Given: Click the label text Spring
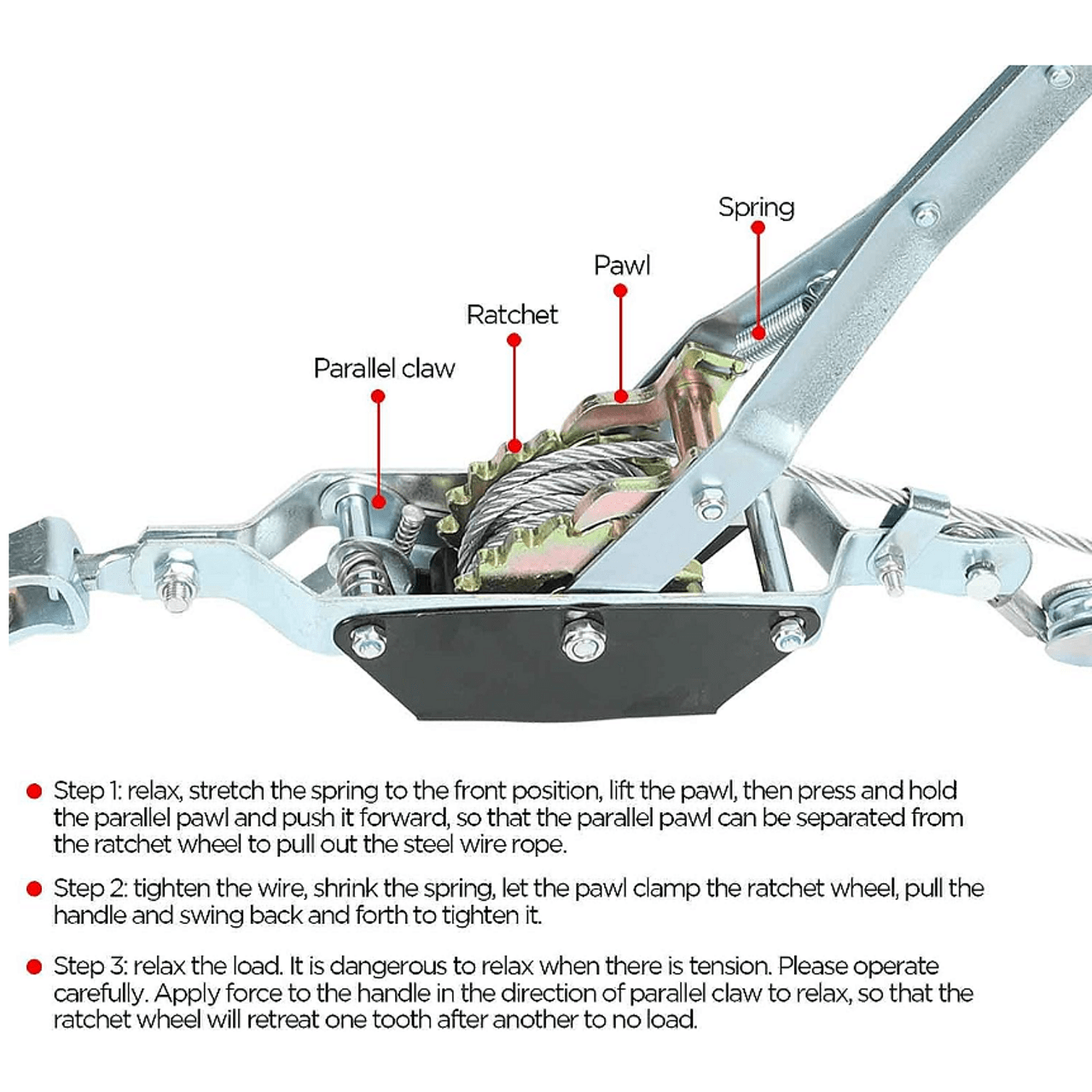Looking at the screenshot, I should click(x=756, y=207).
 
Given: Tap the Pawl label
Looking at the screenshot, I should click(x=622, y=265).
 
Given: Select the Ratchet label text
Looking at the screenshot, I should click(x=512, y=315).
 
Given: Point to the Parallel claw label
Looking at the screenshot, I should click(x=384, y=369).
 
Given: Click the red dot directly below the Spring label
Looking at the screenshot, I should click(x=758, y=228).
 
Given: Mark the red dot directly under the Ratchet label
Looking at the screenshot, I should click(x=514, y=340).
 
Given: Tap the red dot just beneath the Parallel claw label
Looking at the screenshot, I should click(x=378, y=396).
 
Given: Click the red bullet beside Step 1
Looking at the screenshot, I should click(x=34, y=791).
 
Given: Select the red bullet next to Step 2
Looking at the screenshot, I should click(x=34, y=889).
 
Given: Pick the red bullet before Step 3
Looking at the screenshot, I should click(x=34, y=967).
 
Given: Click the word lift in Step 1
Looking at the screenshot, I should click(x=621, y=790).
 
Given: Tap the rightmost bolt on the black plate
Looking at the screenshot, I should click(x=788, y=635).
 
